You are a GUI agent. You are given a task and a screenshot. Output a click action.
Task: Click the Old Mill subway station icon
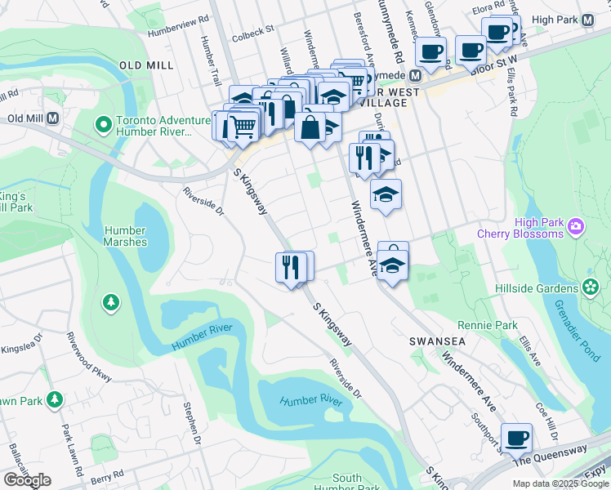point(53,118)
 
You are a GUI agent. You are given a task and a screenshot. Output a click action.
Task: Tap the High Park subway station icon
point(588,20)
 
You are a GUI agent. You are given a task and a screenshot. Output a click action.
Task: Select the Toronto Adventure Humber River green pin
point(103,125)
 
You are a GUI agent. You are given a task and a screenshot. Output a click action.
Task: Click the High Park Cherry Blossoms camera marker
point(575,225)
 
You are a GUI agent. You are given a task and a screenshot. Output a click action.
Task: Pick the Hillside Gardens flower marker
point(591,287)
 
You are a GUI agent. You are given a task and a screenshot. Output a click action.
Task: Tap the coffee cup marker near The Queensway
point(516,439)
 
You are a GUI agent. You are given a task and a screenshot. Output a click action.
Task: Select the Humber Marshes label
point(125,236)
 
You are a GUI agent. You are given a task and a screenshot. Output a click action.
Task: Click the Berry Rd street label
point(106,473)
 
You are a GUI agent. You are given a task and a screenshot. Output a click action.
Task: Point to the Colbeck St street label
point(252,31)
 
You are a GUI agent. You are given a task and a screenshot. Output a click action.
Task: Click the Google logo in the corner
point(27,480)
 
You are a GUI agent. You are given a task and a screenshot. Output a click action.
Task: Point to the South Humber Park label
point(347,483)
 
